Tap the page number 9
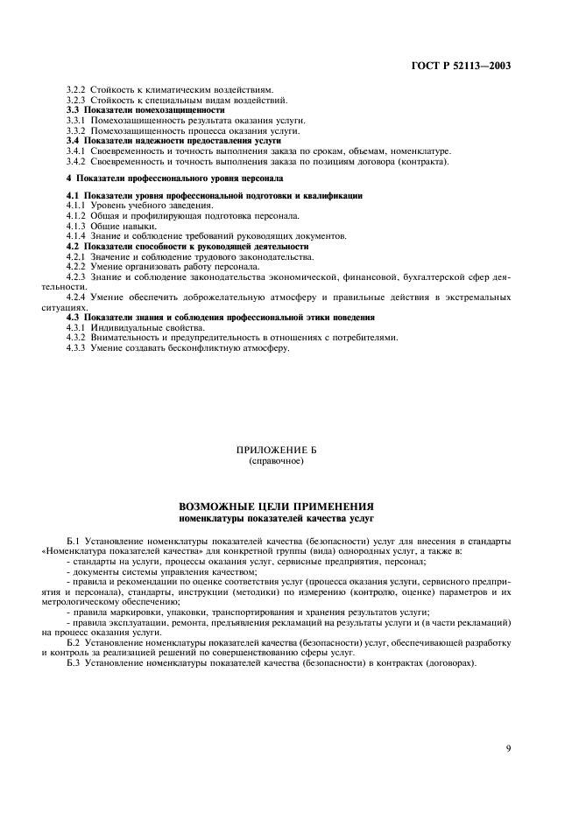pyautogui.click(x=508, y=724)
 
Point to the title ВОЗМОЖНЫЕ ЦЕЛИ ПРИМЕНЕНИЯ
pyautogui.click(x=276, y=507)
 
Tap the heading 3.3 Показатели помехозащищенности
pyautogui.click(x=145, y=109)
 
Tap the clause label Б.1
pyautogui.click(x=74, y=543)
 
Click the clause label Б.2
pyautogui.click(x=74, y=643)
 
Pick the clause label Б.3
pyautogui.click(x=74, y=663)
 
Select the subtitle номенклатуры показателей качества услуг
pyautogui.click(x=276, y=518)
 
